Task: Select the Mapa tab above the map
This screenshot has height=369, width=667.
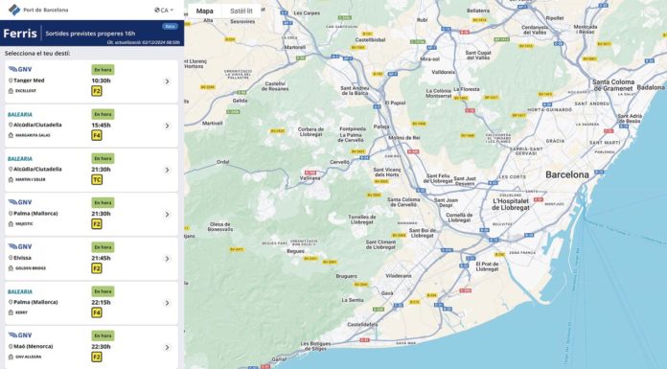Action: (x=204, y=12)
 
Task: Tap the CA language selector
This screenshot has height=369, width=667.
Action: (x=164, y=11)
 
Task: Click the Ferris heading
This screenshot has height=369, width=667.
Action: (x=20, y=33)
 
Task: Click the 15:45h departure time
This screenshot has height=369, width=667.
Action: (x=102, y=125)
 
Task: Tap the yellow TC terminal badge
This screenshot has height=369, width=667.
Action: (x=97, y=179)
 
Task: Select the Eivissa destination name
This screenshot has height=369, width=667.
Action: (x=23, y=258)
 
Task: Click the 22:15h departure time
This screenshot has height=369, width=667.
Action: (x=102, y=302)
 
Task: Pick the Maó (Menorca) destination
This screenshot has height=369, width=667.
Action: (x=34, y=346)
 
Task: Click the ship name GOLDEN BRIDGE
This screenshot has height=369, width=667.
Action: (x=27, y=268)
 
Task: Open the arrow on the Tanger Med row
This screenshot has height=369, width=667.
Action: (x=167, y=81)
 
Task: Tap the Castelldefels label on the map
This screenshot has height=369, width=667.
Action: (x=361, y=325)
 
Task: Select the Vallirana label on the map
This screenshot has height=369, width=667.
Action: (x=310, y=177)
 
